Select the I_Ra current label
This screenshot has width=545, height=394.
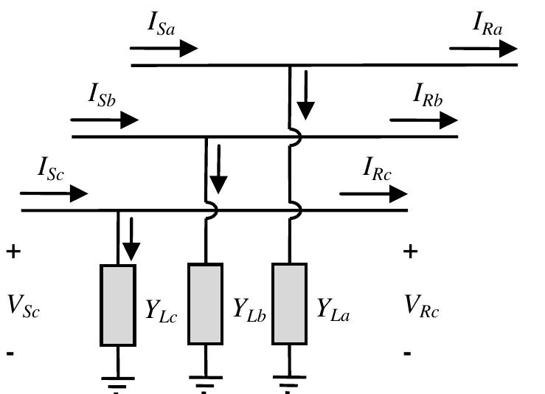[x=487, y=24]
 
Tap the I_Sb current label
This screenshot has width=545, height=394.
[x=103, y=94]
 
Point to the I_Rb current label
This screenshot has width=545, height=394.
[x=428, y=96]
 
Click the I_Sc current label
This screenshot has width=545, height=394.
[x=52, y=169]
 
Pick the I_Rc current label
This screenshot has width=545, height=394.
[x=377, y=169]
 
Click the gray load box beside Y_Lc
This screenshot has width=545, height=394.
[x=118, y=305]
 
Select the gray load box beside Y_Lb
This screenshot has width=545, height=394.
[x=205, y=303]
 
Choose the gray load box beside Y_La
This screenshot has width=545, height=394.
[x=289, y=303]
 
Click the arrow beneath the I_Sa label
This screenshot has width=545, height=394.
[x=164, y=49]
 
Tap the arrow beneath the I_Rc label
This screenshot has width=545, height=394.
[x=373, y=194]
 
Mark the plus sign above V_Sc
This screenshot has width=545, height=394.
[x=13, y=252]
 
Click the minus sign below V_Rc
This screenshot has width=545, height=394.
[x=407, y=354]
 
